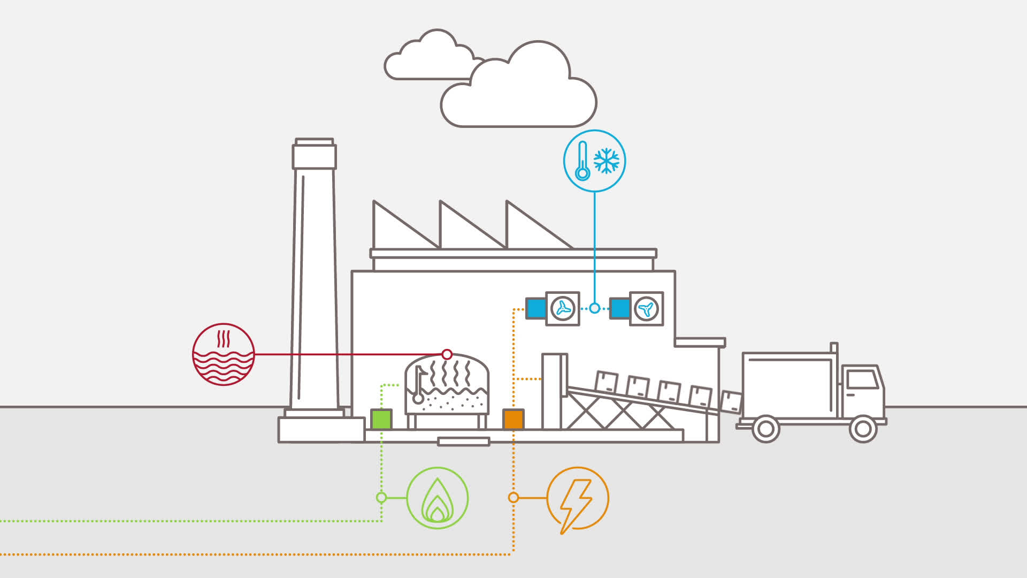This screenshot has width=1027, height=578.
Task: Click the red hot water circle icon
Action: [223, 354]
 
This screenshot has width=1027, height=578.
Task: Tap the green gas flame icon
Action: [437, 498]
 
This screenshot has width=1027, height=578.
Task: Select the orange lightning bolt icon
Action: [577, 498]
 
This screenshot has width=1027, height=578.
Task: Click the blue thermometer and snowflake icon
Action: [594, 161]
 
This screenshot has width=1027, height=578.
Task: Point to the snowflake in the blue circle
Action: [607, 161]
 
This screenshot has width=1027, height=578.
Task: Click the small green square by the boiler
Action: [381, 419]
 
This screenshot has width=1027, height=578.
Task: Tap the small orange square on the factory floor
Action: [513, 419]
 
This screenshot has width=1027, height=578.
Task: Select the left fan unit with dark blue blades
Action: [562, 309]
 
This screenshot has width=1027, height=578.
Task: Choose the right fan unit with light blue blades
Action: [646, 309]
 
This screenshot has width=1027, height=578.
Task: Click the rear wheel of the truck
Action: [765, 428]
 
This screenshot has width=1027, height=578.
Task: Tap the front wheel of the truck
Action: [862, 428]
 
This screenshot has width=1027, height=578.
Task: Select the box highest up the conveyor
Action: [606, 382]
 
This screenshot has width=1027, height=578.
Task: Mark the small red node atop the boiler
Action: [447, 354]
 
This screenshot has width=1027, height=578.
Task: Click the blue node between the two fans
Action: [594, 308]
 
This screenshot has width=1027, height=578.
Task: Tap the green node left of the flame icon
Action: [381, 498]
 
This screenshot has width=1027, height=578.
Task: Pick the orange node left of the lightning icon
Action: [513, 498]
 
